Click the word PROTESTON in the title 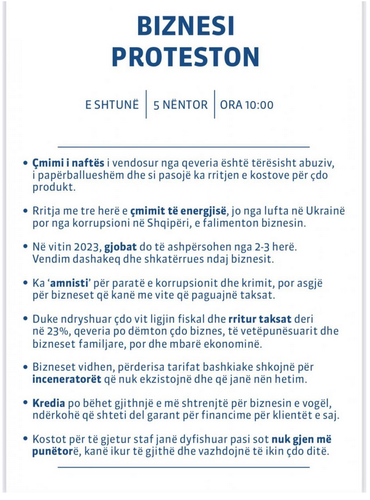tap(185, 59)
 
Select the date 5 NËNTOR tap(180, 104)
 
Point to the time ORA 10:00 tap(246, 104)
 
